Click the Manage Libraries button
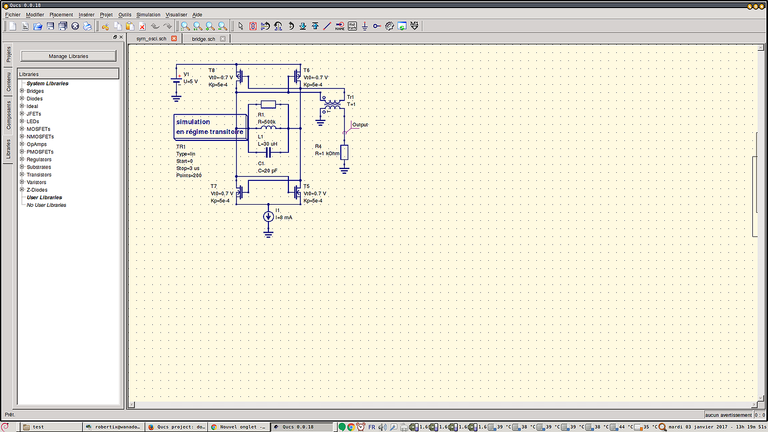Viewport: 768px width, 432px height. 68,56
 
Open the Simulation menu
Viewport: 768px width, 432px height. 148,15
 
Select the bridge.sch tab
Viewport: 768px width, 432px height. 203,39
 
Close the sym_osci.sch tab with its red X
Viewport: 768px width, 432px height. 174,38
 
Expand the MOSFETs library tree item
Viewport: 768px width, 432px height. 22,129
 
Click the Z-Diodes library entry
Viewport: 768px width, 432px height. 37,190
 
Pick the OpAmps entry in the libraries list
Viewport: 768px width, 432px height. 37,144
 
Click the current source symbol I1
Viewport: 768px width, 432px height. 268,217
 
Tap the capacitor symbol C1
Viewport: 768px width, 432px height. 268,153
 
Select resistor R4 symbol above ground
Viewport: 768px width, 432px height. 344,152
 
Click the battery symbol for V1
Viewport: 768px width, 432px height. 177,82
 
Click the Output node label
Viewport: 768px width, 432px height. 360,125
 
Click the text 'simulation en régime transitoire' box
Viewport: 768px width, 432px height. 210,127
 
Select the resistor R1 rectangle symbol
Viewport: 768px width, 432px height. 268,104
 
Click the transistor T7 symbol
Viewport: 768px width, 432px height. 241,192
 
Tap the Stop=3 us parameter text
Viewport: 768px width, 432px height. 188,168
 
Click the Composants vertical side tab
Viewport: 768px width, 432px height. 8,115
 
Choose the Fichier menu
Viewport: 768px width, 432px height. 12,15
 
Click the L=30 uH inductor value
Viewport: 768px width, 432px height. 267,144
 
